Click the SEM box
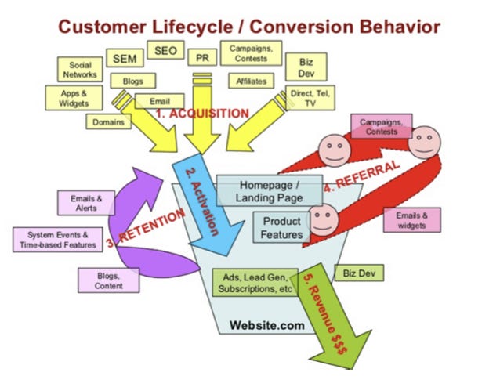[x=123, y=59]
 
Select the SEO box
[x=165, y=52]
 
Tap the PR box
[x=202, y=57]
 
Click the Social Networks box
[x=81, y=70]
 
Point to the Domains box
[x=107, y=123]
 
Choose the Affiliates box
[x=251, y=81]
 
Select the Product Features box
[x=281, y=228]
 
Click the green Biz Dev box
[x=357, y=274]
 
